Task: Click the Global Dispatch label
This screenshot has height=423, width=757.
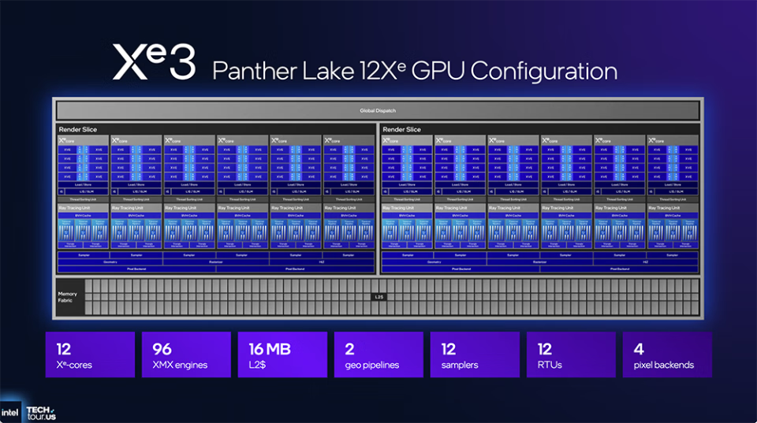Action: (x=377, y=110)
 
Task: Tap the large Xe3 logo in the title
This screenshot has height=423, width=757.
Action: (x=154, y=62)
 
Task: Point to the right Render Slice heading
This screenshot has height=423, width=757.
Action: (x=401, y=129)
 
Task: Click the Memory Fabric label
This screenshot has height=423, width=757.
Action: (x=68, y=297)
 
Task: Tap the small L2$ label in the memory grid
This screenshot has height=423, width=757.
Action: (x=378, y=297)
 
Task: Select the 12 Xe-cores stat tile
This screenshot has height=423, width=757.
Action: (x=90, y=354)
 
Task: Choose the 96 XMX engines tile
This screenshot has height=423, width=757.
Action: (x=186, y=354)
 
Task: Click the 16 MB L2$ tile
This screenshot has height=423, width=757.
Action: (x=282, y=354)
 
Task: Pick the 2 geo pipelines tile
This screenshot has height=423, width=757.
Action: (x=378, y=354)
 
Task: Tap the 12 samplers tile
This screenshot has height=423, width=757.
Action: (x=475, y=354)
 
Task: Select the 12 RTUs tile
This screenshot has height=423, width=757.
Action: (x=571, y=354)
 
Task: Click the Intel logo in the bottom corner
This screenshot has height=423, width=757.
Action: (x=11, y=412)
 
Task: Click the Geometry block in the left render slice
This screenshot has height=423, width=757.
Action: (x=110, y=262)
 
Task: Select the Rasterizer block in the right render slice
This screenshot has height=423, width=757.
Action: (x=539, y=262)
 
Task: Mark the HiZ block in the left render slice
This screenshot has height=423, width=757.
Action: (x=321, y=262)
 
